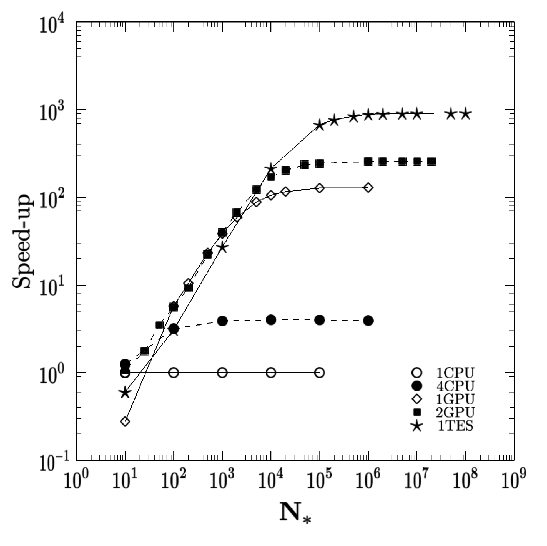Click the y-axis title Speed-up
[22, 241]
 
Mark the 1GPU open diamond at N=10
[125, 421]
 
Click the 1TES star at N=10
[125, 393]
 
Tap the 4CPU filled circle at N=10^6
[368, 321]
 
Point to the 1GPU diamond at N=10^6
[368, 188]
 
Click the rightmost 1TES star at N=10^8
[465, 114]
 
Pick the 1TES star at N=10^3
[222, 247]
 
